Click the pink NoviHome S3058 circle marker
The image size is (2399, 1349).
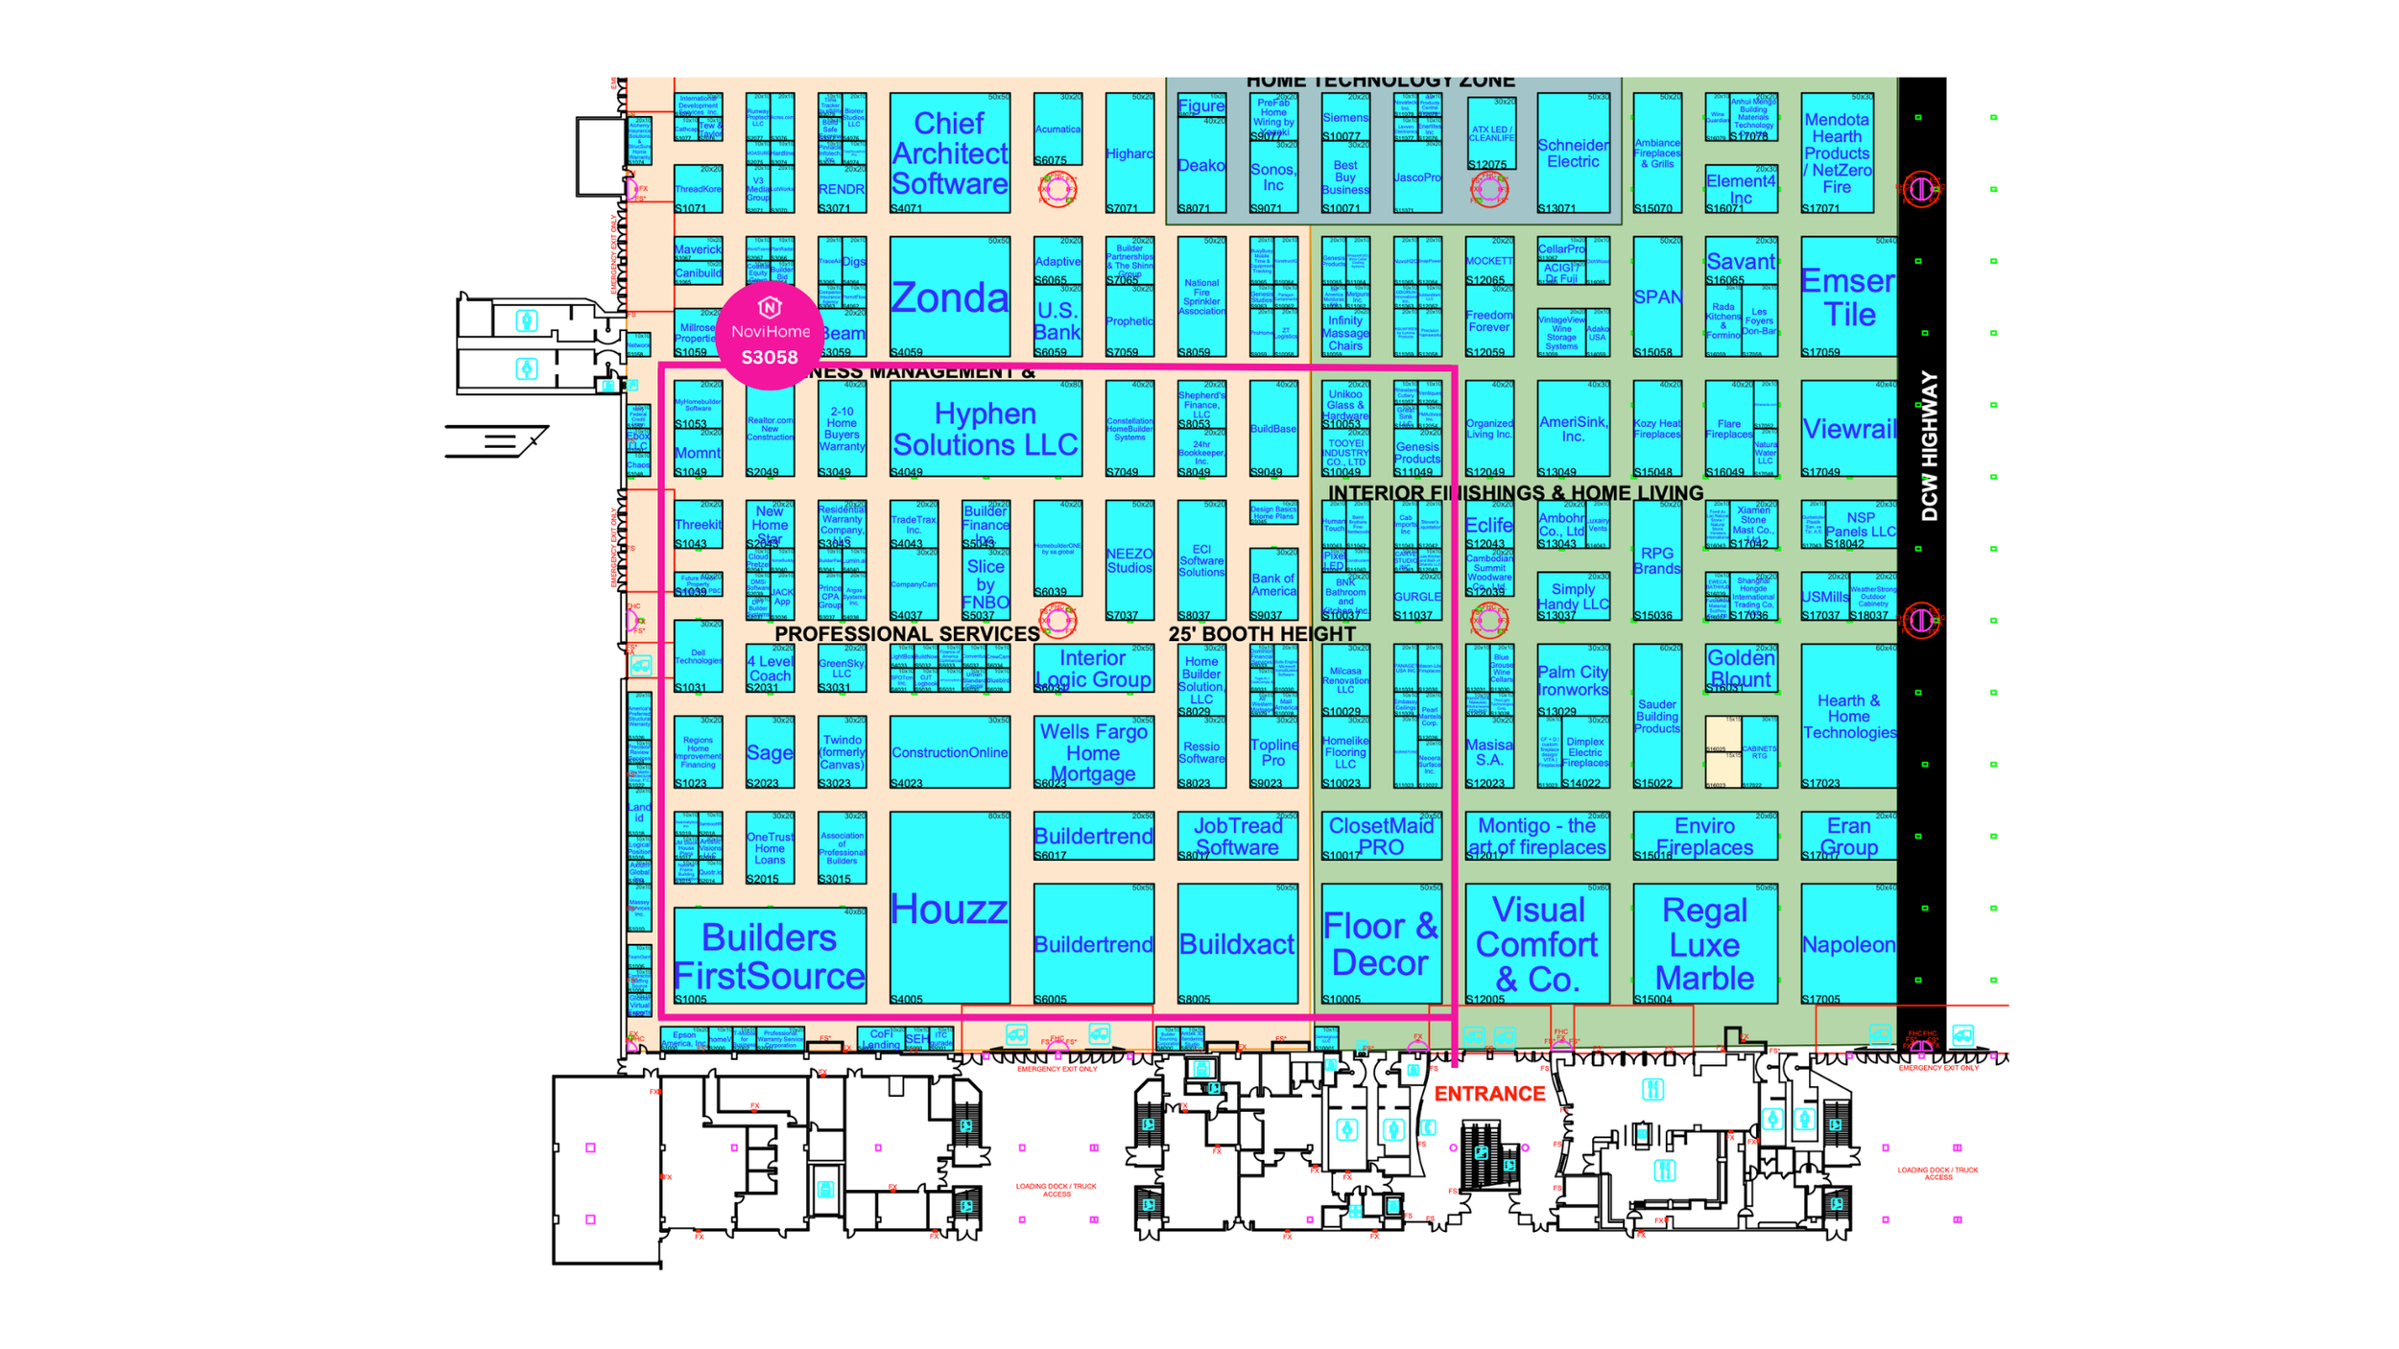click(770, 335)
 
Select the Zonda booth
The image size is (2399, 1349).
click(949, 297)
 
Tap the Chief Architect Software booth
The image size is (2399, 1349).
click(949, 154)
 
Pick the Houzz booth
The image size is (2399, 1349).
click(949, 908)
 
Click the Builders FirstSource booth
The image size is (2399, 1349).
click(770, 956)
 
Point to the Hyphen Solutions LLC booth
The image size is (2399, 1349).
click(986, 429)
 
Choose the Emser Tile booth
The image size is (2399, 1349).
click(1848, 297)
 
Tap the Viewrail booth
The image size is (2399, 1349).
click(1848, 429)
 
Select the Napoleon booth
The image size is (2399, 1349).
click(1848, 944)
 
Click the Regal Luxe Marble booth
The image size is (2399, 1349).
click(1704, 944)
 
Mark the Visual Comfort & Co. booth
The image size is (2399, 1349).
click(1537, 944)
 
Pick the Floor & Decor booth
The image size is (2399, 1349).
click(1381, 944)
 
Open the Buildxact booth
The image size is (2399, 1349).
click(1237, 944)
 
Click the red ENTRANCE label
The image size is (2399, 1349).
click(1489, 1094)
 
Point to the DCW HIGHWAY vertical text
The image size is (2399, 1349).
click(1930, 446)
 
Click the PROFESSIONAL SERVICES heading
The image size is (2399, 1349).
click(907, 634)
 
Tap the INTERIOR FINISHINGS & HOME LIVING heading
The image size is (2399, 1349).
click(1515, 493)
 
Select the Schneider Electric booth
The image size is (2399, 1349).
click(1573, 154)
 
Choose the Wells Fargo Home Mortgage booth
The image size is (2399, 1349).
click(1093, 752)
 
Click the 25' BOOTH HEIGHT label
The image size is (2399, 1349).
click(1262, 634)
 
